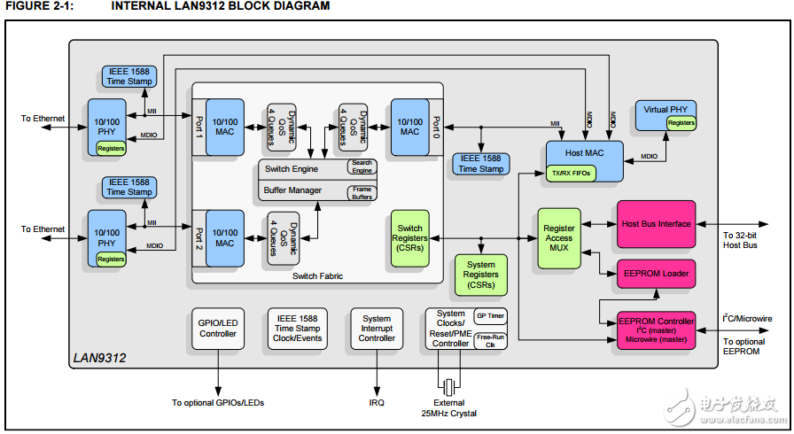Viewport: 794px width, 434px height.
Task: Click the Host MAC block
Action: coord(584,153)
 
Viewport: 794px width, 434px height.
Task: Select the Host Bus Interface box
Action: coord(656,224)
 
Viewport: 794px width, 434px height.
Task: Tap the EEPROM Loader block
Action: coord(656,274)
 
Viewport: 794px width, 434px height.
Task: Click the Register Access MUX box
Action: coord(558,238)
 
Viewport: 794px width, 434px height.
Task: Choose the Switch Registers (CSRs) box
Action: coord(410,238)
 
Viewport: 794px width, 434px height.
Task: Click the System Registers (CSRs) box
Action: coord(480,275)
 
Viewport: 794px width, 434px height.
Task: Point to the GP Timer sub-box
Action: coord(491,315)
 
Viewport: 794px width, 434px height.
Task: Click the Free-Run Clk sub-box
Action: coord(491,341)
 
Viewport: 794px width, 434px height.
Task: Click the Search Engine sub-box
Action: coord(362,167)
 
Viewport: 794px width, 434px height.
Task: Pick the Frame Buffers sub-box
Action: coord(362,192)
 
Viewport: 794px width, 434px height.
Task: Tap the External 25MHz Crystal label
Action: coord(448,408)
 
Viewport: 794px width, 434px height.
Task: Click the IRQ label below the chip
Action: coord(377,403)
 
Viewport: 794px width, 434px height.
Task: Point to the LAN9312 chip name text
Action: coord(98,358)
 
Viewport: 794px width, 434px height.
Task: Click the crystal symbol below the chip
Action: coord(449,386)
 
